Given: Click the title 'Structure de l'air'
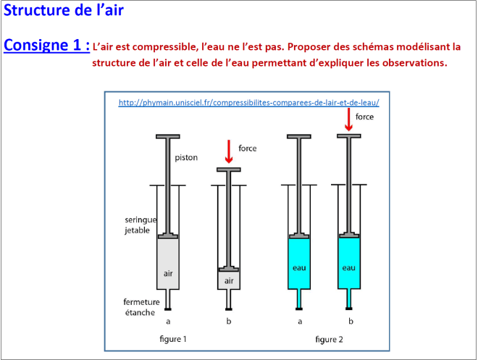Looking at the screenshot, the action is [x=64, y=10].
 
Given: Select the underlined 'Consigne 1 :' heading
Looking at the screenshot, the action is [x=46, y=45].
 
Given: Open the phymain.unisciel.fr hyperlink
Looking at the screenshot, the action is [x=248, y=102].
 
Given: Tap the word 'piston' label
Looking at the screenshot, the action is [x=186, y=158].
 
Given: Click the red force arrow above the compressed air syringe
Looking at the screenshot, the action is [x=229, y=151].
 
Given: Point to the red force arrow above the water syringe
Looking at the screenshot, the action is [x=349, y=120].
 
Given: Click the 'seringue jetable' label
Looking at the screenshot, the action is [x=141, y=225].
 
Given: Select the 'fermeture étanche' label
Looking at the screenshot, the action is [x=141, y=307].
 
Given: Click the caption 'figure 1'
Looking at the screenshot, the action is [x=173, y=339].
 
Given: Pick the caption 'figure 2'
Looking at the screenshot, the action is [x=329, y=339].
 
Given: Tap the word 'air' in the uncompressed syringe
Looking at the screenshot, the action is [x=168, y=273].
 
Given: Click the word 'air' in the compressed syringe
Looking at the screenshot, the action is [x=229, y=281].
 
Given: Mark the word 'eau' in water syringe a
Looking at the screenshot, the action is [x=299, y=268].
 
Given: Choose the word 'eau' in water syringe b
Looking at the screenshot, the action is [x=349, y=268].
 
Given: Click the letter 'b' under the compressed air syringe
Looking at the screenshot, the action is [x=229, y=321].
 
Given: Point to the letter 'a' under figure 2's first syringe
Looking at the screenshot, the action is [x=300, y=322].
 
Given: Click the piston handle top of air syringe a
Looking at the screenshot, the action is [x=168, y=136].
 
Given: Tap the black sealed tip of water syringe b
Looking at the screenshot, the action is [x=349, y=309].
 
